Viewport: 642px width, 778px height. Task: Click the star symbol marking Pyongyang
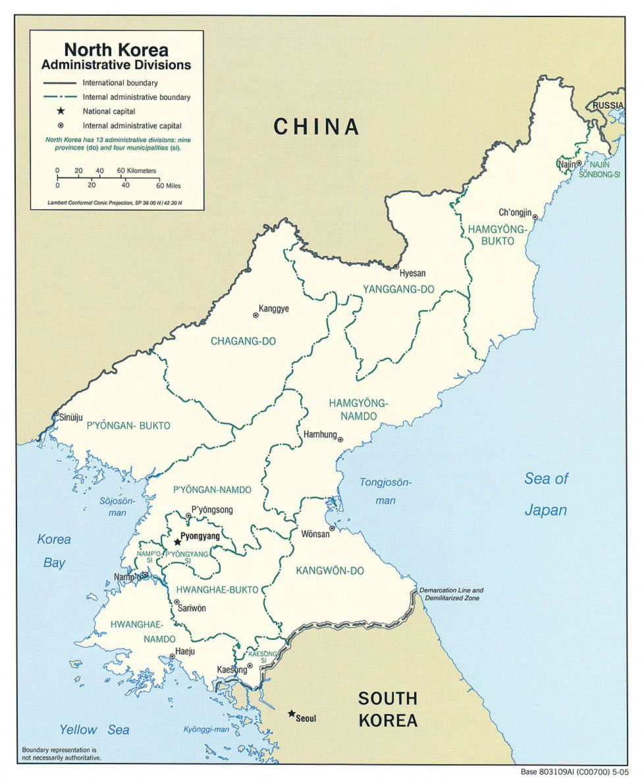point(177,542)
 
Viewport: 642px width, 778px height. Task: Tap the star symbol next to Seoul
point(291,713)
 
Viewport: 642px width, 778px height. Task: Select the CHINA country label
point(317,126)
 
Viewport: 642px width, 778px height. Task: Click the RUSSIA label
point(607,105)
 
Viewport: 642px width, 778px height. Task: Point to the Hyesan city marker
point(396,267)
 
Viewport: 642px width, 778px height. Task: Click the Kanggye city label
point(274,308)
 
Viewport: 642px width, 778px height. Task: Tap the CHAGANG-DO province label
point(243,341)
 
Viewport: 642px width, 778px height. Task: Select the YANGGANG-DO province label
point(399,289)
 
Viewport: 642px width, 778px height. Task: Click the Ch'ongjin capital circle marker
point(535,217)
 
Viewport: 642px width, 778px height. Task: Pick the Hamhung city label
point(320,435)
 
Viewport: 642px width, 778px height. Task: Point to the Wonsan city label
point(315,534)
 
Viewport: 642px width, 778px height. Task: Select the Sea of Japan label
point(546,494)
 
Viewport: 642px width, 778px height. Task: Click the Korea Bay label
point(54,551)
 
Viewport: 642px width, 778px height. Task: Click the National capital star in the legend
point(61,111)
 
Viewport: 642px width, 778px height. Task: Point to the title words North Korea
point(116,50)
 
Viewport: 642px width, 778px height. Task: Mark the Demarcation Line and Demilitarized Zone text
point(451,594)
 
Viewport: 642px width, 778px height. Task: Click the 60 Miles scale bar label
point(169,185)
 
